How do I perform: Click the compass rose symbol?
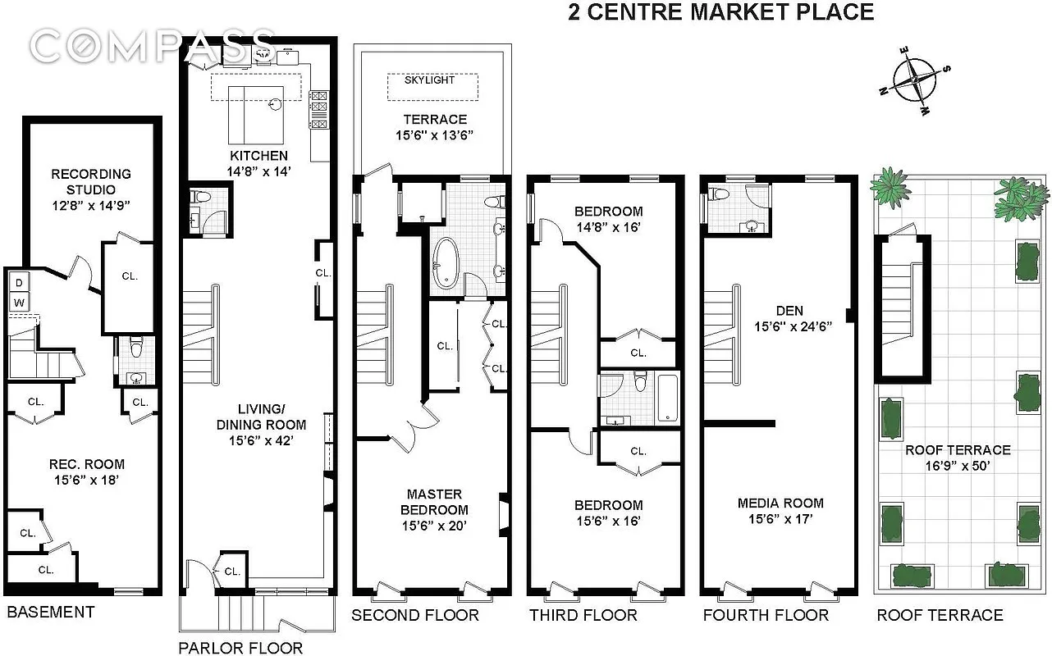(914, 80)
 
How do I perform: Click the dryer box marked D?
(18, 283)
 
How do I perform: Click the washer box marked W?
(18, 303)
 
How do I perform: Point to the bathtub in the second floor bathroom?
(446, 263)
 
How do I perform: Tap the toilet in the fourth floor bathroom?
(720, 194)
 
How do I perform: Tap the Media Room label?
(780, 503)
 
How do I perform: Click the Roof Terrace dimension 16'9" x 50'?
(957, 465)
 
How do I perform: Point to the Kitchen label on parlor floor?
(258, 156)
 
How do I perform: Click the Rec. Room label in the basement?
(85, 464)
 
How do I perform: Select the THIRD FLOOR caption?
(583, 615)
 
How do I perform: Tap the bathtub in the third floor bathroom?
(670, 400)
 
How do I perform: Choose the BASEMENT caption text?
(51, 612)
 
